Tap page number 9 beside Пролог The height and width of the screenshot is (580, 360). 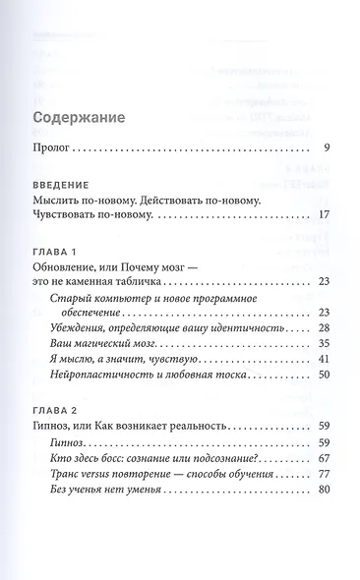point(326,149)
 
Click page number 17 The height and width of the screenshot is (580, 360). point(323,214)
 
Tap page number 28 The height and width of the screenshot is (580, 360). point(323,328)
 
